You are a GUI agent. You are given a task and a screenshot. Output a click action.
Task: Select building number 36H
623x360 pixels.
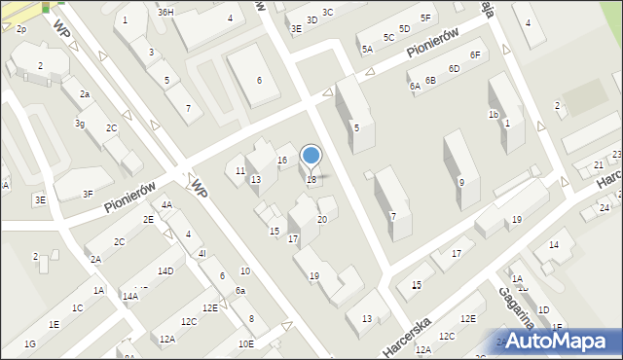pyautogui.click(x=165, y=12)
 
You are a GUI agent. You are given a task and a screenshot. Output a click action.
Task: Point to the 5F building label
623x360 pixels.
pyautogui.click(x=425, y=18)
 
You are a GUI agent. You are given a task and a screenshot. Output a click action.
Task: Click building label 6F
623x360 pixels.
pyautogui.click(x=474, y=54)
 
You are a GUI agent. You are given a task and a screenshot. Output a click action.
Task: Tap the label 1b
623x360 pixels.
pyautogui.click(x=494, y=115)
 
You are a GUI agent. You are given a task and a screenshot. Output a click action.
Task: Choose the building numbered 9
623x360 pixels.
pyautogui.click(x=461, y=182)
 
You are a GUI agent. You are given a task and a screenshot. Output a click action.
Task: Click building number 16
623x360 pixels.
pyautogui.click(x=281, y=160)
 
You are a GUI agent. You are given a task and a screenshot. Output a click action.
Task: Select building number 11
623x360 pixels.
pyautogui.click(x=240, y=171)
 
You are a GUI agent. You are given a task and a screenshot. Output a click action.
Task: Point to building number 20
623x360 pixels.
pyautogui.click(x=322, y=220)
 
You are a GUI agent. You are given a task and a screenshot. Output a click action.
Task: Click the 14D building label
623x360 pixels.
pyautogui.click(x=165, y=271)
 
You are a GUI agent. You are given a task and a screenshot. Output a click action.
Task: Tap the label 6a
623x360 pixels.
pyautogui.click(x=239, y=291)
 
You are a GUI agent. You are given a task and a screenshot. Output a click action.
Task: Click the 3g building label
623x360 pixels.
pyautogui.click(x=80, y=124)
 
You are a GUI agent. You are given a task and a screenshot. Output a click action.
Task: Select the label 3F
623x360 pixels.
pyautogui.click(x=88, y=195)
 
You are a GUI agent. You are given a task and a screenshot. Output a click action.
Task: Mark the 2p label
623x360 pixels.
pyautogui.click(x=20, y=29)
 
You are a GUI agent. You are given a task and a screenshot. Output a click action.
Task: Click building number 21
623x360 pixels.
pyautogui.click(x=599, y=166)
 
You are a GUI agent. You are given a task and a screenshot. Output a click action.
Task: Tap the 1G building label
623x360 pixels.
pyautogui.click(x=30, y=344)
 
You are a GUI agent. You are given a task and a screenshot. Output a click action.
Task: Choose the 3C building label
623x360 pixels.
pyautogui.click(x=327, y=12)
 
